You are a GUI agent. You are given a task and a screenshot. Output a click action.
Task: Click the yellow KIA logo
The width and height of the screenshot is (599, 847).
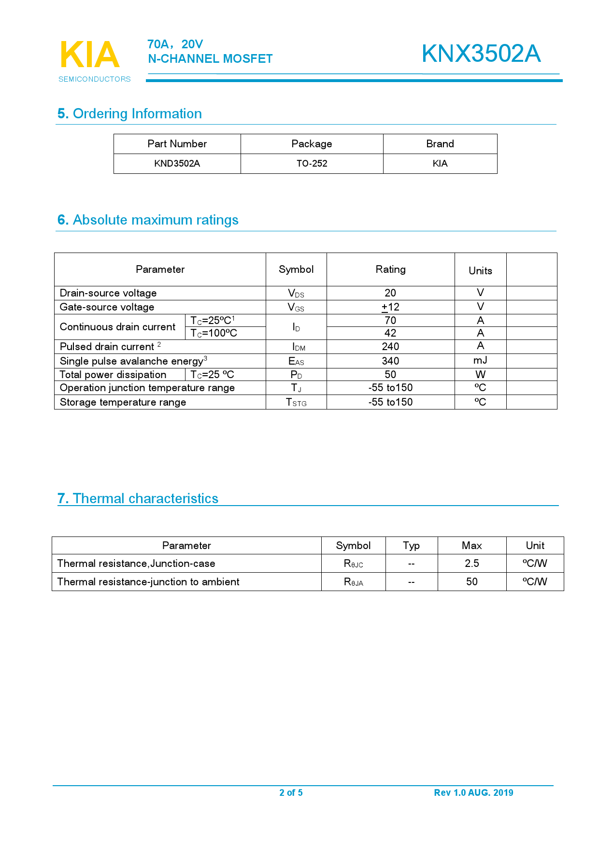coord(90,55)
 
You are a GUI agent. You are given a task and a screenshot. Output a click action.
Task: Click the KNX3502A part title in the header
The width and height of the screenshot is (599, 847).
coord(481,54)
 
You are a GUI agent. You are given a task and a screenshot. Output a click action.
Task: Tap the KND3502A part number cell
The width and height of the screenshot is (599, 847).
coord(177,164)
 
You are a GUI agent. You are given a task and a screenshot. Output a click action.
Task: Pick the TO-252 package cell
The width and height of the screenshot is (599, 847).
coord(312,164)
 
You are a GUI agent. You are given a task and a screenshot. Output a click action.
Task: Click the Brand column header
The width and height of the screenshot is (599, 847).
coord(440,144)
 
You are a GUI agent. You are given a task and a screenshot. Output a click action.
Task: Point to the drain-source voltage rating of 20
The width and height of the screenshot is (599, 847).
coord(390,293)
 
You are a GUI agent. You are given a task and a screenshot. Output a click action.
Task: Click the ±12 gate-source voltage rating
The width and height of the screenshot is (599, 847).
coord(390,307)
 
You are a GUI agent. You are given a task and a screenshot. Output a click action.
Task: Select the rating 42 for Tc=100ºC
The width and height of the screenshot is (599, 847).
coord(390,333)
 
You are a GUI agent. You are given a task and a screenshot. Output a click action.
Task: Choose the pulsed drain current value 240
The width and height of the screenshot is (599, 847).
coord(390,347)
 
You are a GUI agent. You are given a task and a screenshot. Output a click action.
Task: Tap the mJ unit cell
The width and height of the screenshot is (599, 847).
coord(480,361)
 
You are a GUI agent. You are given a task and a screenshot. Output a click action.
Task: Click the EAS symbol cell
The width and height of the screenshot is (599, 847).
coord(296,361)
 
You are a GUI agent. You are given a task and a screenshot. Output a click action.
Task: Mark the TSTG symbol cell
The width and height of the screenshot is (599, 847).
coord(296,402)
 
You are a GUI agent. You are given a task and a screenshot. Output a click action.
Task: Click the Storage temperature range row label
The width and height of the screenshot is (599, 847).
coord(123,402)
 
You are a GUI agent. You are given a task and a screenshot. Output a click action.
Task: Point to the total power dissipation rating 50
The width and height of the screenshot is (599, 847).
coord(390,375)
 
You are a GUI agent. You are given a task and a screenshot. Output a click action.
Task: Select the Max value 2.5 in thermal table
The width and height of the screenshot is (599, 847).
coord(471,564)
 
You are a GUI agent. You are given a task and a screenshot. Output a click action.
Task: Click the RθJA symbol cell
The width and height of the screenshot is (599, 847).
coord(353,582)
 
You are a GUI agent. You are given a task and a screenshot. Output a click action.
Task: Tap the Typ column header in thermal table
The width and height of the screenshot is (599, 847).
coord(411,546)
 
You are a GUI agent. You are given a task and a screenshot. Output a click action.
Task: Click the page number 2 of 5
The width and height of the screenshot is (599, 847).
coord(291,792)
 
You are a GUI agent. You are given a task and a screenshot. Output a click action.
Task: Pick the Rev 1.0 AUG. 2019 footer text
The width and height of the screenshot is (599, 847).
coord(473,792)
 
